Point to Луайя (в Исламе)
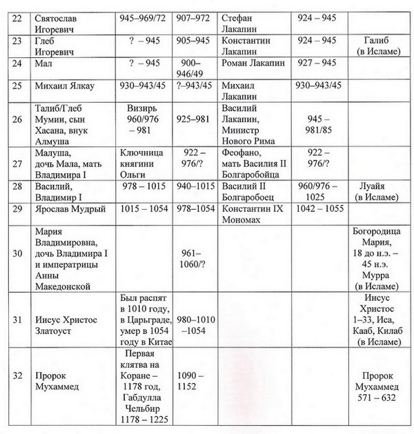point(375,191)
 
